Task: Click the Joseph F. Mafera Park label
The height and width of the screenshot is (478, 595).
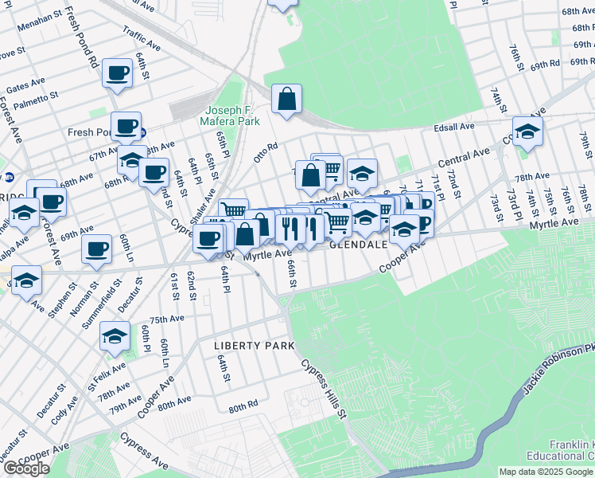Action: [232, 116]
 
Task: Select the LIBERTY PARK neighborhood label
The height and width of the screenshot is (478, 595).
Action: [254, 346]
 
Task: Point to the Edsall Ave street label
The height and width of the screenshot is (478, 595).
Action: [454, 126]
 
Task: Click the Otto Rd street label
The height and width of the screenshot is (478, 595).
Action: [265, 149]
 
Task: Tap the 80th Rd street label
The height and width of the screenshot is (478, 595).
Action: [243, 406]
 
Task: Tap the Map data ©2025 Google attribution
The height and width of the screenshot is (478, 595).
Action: [546, 472]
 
